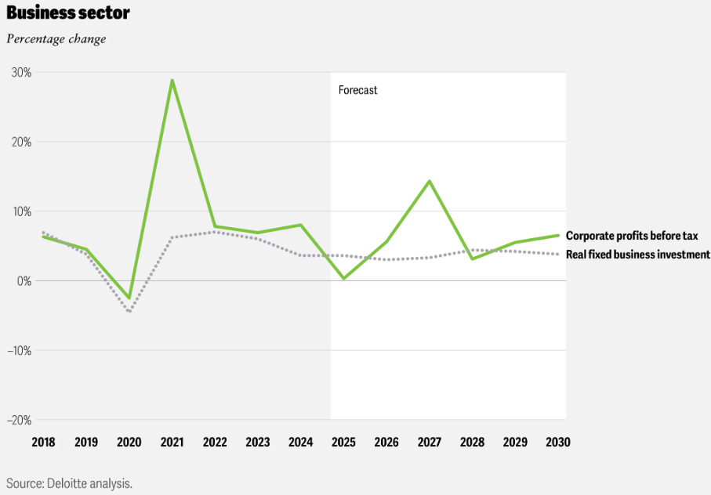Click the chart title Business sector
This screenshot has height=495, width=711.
(68, 13)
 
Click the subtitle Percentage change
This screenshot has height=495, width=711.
(56, 38)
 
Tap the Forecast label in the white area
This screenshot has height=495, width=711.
(357, 90)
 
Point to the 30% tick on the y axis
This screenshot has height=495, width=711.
(21, 72)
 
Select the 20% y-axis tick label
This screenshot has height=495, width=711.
(21, 142)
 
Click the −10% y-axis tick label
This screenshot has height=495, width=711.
(19, 350)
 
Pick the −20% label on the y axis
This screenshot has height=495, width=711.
(19, 420)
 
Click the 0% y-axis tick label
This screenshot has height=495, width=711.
(24, 280)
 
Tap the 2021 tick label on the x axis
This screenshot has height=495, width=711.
(172, 443)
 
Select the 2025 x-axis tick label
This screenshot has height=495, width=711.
(343, 443)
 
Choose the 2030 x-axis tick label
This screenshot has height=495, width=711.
(557, 443)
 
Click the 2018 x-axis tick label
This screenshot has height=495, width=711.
(43, 443)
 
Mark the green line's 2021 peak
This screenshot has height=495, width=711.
(172, 80)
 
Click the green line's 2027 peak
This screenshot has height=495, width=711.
(429, 181)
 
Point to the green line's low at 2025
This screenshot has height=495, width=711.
(343, 278)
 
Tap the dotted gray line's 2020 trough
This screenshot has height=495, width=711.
(129, 312)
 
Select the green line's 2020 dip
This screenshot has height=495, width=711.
(129, 298)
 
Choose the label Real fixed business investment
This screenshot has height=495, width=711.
(637, 255)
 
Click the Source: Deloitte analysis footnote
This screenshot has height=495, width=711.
(69, 482)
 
